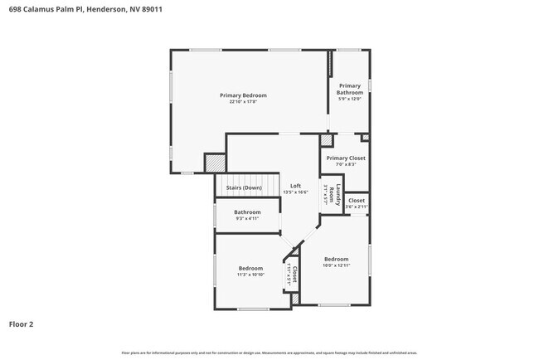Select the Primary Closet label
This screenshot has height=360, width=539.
tap(346, 158)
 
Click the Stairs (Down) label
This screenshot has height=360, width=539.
tap(244, 188)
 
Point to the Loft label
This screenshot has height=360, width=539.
tap(295, 186)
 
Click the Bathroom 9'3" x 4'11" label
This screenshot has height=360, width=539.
tap(247, 212)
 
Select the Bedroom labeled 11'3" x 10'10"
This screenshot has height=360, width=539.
tap(250, 268)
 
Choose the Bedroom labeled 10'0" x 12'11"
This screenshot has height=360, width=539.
tap(336, 259)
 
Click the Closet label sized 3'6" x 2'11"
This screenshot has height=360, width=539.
tap(356, 201)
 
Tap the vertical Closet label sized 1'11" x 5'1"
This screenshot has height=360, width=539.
tap(293, 275)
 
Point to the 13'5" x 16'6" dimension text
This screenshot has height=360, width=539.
tap(295, 192)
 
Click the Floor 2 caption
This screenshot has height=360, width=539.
tap(22, 324)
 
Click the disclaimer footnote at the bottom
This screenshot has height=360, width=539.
tap(269, 353)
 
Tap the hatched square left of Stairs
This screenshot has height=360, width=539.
tap(215, 163)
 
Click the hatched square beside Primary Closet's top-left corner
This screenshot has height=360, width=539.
tap(326, 141)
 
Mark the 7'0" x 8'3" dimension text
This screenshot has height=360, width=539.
tap(346, 165)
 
